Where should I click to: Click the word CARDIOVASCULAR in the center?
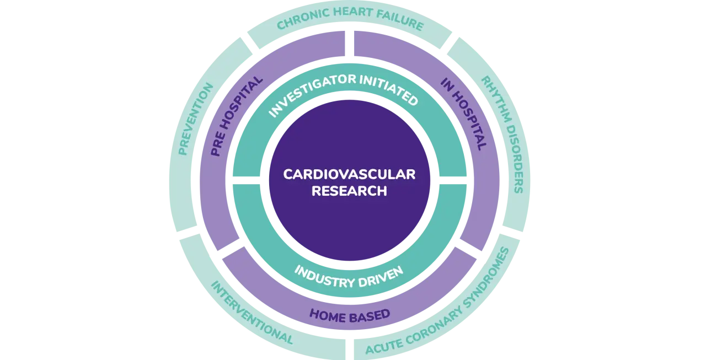(349, 174)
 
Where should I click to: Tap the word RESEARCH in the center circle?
(349, 191)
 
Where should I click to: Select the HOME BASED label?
(350, 315)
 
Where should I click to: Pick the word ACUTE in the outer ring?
(380, 341)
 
